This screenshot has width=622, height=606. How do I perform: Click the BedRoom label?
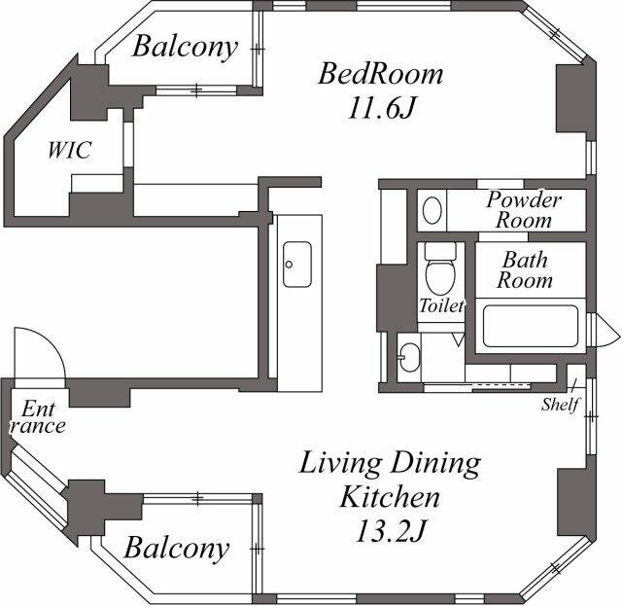coord(380,74)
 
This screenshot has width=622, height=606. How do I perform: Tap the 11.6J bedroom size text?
coord(381,108)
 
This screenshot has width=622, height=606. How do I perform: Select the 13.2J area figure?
coord(391,531)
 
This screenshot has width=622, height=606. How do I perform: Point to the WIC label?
coord(70,150)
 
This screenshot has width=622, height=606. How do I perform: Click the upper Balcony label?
coord(185,48)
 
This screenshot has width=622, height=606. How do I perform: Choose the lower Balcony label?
coord(177,548)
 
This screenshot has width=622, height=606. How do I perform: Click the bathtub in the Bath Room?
coord(531,326)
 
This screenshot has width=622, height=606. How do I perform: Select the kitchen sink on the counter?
coord(297,264)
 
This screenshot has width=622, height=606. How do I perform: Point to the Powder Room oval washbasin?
coord(432,210)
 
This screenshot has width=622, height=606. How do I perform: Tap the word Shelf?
coord(560,405)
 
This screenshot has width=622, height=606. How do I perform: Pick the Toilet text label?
coord(441,305)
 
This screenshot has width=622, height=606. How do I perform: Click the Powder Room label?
coord(524,210)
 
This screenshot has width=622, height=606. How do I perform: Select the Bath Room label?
coord(525,270)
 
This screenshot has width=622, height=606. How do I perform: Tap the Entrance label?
coord(38,417)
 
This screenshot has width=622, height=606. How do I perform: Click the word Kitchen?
coord(390,497)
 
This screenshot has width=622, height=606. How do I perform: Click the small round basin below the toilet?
coord(410,357)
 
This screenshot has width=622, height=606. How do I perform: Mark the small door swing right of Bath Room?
coord(605,331)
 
